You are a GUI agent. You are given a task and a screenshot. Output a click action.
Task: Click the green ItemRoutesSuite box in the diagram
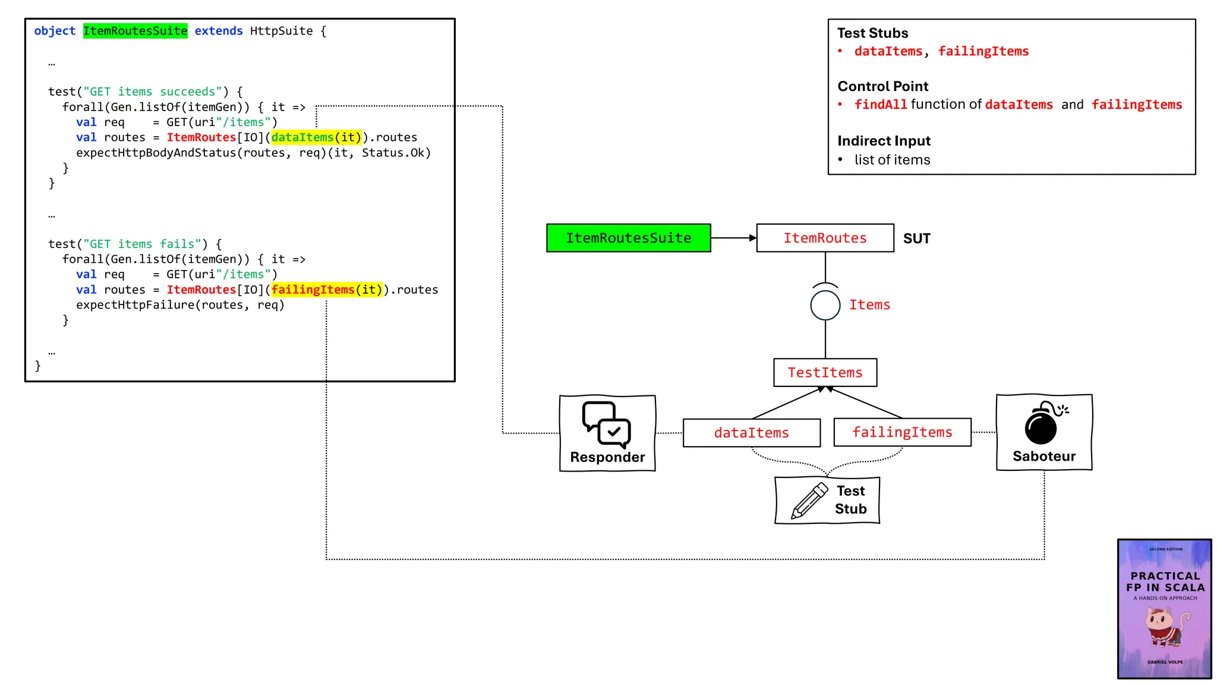click(x=628, y=238)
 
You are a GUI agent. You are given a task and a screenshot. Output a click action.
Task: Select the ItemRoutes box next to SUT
click(x=825, y=238)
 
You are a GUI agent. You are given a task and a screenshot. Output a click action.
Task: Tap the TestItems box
click(x=825, y=373)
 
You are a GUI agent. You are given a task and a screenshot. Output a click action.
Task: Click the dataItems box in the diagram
click(x=751, y=433)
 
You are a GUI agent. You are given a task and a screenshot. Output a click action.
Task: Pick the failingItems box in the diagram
click(x=902, y=432)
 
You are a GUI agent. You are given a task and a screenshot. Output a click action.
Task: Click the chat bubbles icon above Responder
click(x=606, y=424)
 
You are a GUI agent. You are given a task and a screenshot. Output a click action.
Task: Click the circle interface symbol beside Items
click(x=825, y=305)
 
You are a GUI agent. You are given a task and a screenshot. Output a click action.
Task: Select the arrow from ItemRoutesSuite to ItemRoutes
click(x=733, y=238)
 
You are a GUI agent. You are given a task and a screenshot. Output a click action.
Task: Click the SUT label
click(x=916, y=238)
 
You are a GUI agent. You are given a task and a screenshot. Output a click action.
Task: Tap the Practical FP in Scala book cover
click(x=1164, y=608)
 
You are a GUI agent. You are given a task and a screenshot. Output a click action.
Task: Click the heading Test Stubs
click(x=872, y=33)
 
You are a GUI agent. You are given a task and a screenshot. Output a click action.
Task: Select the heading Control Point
click(x=882, y=86)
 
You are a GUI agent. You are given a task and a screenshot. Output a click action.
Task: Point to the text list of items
click(x=892, y=160)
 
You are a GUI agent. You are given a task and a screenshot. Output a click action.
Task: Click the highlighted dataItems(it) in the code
click(x=316, y=137)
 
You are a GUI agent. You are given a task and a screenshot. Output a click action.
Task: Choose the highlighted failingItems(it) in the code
click(x=326, y=290)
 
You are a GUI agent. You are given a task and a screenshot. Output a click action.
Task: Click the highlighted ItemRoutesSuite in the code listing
click(x=135, y=31)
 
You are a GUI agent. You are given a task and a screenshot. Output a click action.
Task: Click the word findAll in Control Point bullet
click(x=880, y=105)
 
